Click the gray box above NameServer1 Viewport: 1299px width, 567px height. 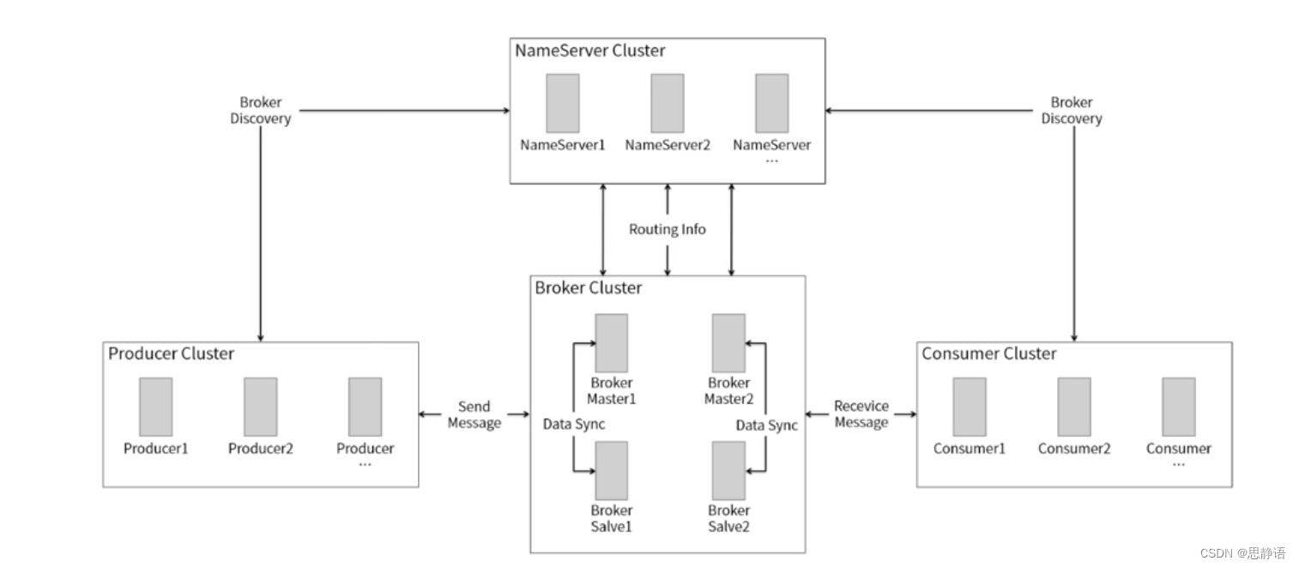coord(563,103)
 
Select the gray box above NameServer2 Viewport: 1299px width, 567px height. coord(668,103)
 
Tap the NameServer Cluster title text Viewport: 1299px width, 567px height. coord(589,51)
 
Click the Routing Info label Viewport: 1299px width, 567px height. coord(668,230)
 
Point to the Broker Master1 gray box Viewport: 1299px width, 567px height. coord(611,343)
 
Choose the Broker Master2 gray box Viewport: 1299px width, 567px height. coord(729,343)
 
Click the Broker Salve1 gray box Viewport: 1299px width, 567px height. coord(611,471)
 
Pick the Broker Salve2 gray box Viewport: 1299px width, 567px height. coord(729,471)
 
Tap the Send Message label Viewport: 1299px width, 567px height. coord(474,414)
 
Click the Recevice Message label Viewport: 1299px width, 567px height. coord(861,414)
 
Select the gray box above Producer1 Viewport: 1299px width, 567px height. coord(156,407)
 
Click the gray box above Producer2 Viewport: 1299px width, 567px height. coord(260,407)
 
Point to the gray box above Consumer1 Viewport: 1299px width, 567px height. coord(970,407)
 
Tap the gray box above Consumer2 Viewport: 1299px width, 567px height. coord(1074,407)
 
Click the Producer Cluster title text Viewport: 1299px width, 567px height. coord(171,353)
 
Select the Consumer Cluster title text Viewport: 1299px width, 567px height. coord(988,353)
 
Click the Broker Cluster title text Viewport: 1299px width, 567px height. coord(588,288)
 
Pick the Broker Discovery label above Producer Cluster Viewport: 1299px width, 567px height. coord(260,110)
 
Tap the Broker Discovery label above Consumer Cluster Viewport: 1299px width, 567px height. coord(1072,110)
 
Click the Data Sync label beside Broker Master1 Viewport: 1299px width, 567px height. coord(573,425)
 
